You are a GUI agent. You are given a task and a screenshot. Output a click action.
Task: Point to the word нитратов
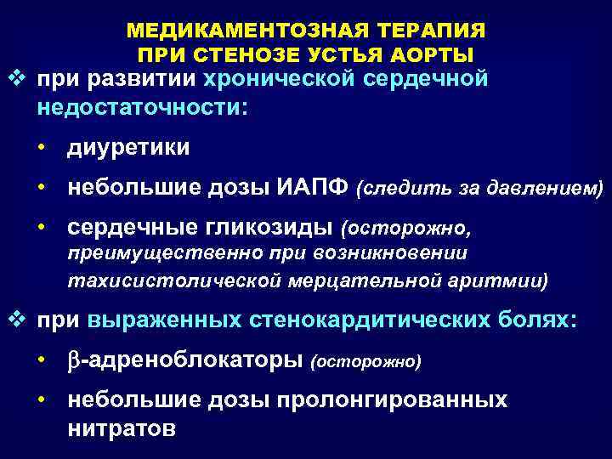click(122, 428)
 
